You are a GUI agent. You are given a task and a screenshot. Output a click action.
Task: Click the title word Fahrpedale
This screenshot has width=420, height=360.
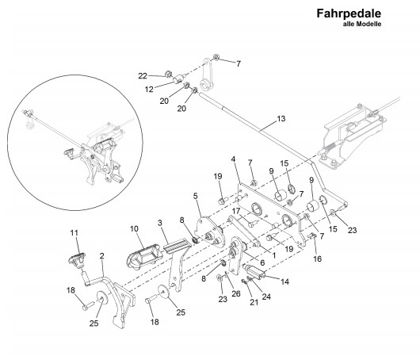coord(349,13)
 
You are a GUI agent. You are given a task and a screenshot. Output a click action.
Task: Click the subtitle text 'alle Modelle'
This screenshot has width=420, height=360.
coord(362,24)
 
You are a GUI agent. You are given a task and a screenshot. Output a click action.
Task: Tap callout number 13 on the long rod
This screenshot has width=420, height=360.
coord(281,118)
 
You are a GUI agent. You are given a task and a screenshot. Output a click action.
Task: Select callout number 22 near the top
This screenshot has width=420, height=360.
coord(143,76)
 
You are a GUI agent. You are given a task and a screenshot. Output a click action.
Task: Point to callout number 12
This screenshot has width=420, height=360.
coord(149,90)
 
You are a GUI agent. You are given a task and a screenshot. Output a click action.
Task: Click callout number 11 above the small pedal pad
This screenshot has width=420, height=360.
coord(74,233)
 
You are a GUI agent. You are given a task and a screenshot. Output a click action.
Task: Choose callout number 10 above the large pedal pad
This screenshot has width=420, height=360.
coord(134,228)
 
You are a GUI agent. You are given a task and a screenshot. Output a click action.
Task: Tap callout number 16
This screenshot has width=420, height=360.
coord(318,259)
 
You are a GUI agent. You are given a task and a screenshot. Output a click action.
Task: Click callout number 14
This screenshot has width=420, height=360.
coord(284,281)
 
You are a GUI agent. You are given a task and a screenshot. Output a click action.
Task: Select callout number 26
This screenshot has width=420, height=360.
coord(236,294)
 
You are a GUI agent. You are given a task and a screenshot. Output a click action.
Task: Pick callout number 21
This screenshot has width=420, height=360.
coord(254,302)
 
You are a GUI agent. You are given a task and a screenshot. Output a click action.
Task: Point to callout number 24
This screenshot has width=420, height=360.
coord(266,297)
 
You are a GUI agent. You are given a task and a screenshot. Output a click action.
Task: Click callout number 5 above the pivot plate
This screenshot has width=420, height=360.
coord(196,196)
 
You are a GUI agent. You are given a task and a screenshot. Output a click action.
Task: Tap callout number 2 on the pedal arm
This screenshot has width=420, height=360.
coord(101,256)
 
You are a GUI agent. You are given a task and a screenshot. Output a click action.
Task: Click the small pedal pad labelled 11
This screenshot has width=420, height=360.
coord(77,259)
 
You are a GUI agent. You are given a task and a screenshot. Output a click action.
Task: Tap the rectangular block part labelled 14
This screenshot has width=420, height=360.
coord(256,270)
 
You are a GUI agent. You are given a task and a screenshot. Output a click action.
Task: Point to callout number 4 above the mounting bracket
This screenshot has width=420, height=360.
coord(233,159)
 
